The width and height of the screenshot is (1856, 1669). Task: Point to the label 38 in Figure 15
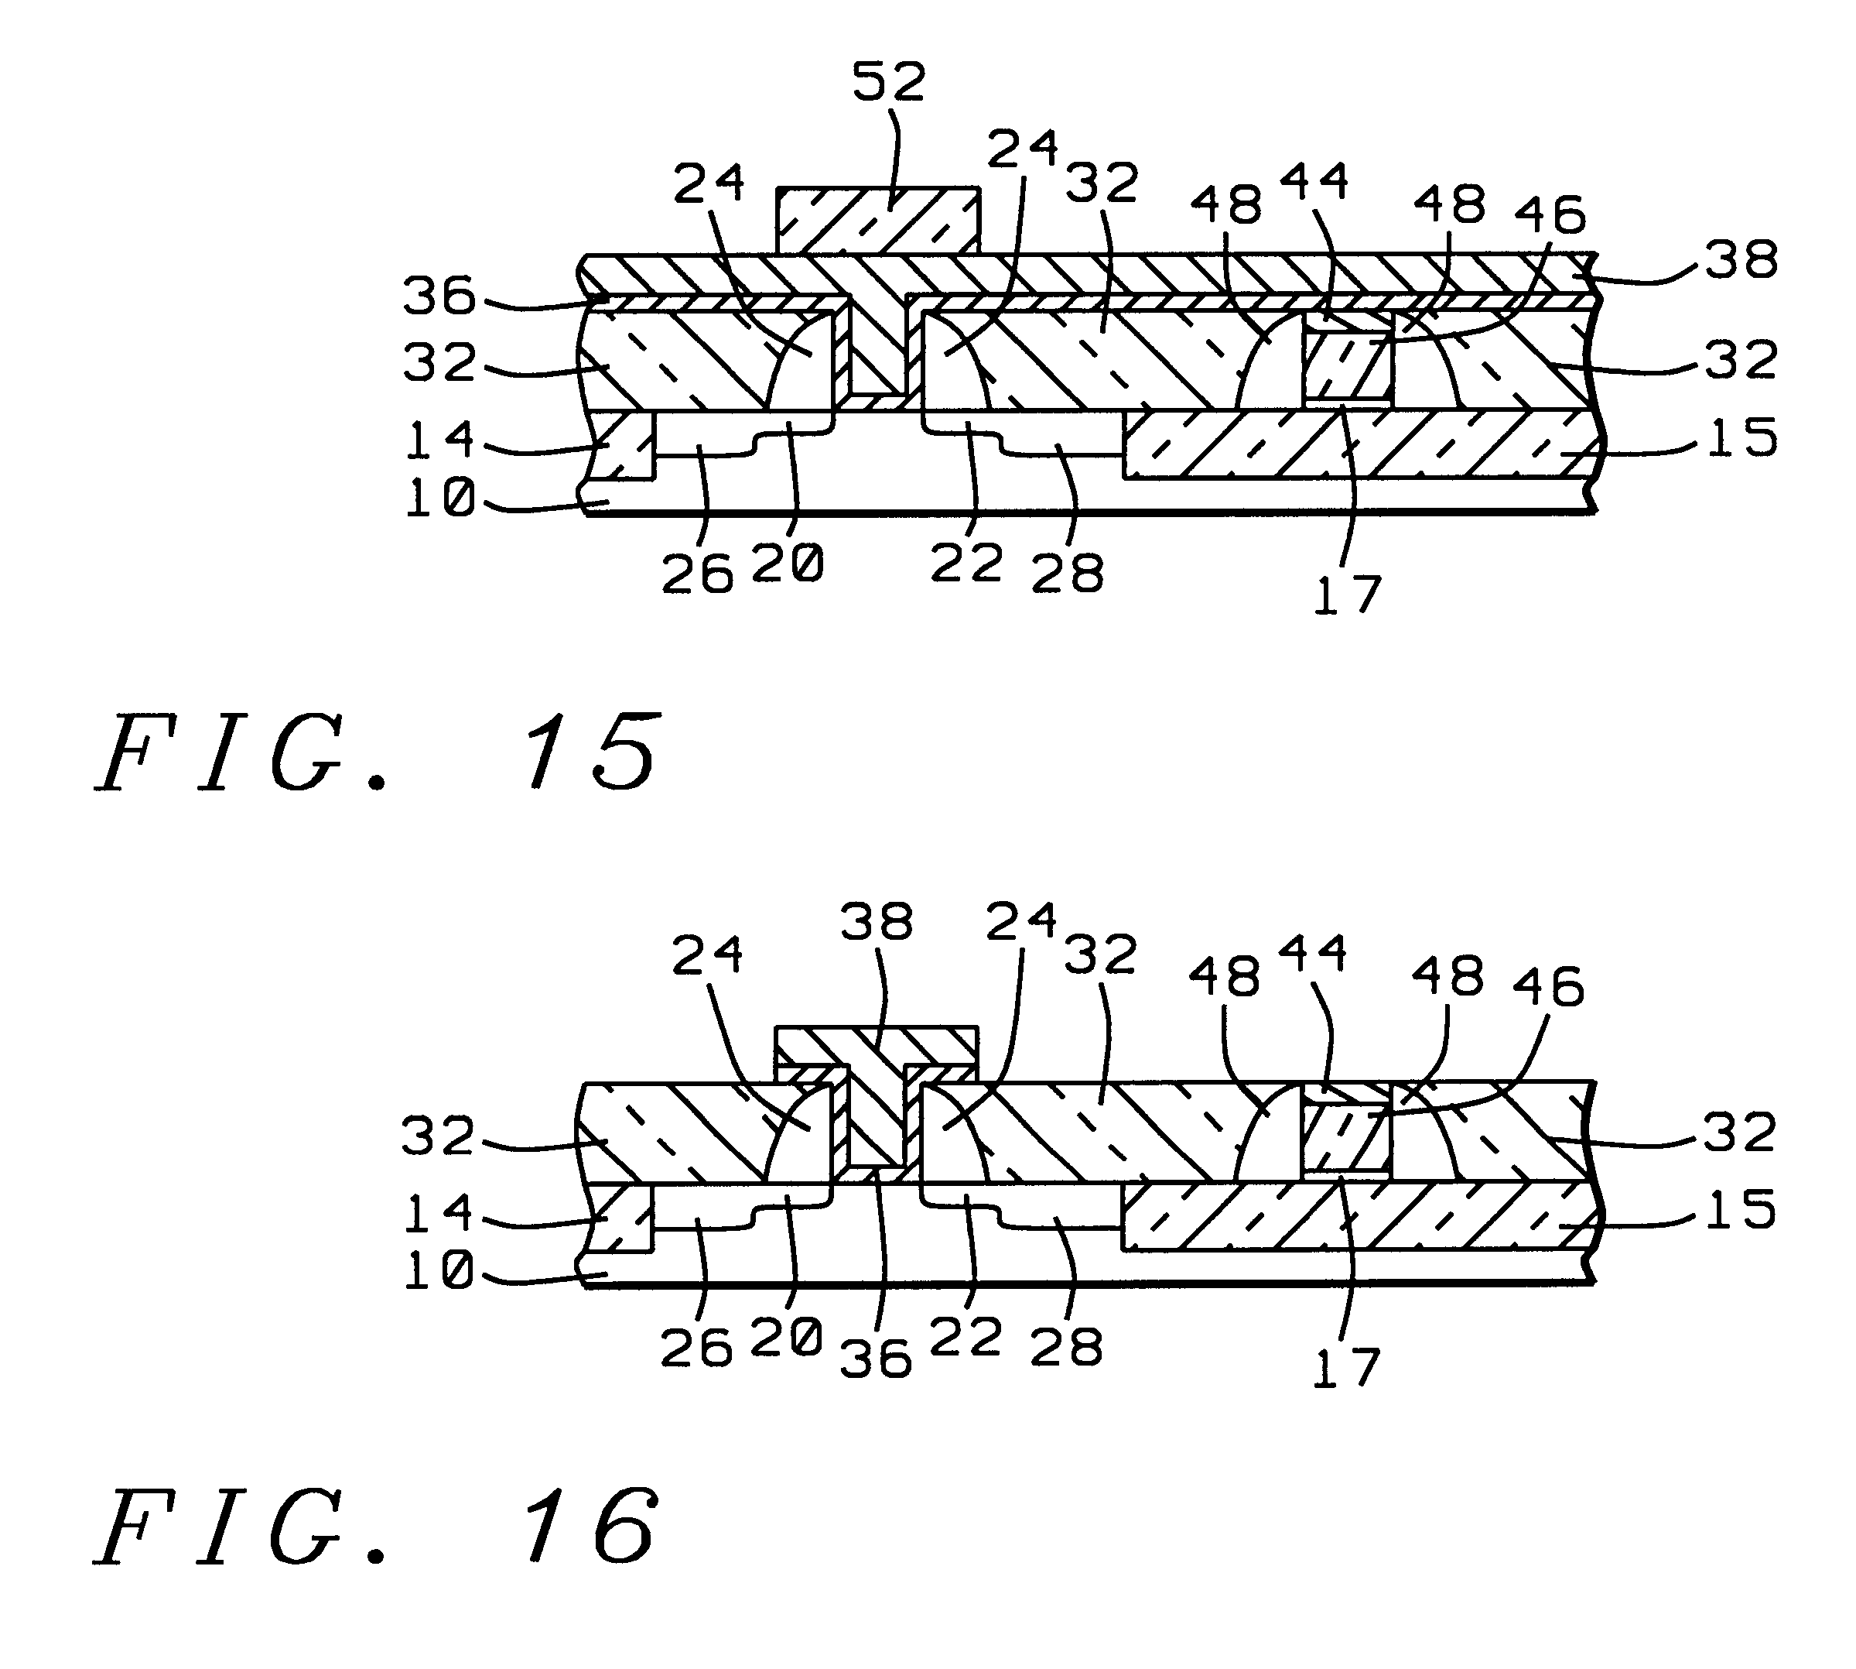[1741, 259]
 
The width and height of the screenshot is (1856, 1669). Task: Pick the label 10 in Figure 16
[439, 1272]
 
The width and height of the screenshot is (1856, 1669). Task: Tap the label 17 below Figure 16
[1345, 1368]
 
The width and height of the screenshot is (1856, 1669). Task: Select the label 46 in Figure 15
[1549, 215]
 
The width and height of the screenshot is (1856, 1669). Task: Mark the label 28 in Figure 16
[1066, 1347]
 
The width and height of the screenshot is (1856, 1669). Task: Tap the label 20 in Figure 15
[788, 563]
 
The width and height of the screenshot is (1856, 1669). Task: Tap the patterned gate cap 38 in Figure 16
[877, 1045]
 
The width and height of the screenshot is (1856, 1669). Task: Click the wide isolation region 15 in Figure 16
[1356, 1216]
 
